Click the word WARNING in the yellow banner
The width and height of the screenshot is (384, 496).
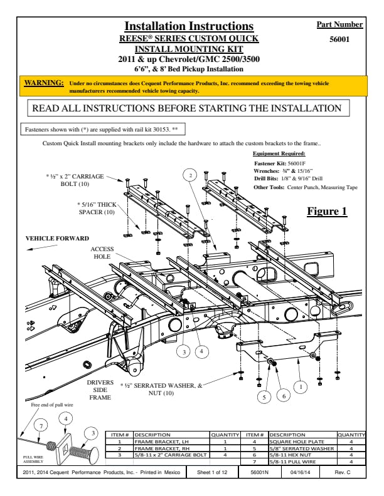coord(43,83)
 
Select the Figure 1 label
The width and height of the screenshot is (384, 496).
coord(327,211)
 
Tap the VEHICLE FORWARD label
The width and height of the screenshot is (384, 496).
coord(57,239)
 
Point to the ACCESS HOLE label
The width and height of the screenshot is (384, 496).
coord(102,252)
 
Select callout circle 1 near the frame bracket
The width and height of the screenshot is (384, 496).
coord(301,387)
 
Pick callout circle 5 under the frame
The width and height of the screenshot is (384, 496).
coord(265,396)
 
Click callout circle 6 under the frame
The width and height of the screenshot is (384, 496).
coord(284,396)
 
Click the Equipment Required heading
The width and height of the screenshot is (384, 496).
coord(279,153)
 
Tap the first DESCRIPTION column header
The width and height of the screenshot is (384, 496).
coord(152,435)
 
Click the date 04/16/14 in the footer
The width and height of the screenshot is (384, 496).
coord(302,473)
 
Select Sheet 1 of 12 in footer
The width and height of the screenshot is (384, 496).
coord(212,473)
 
